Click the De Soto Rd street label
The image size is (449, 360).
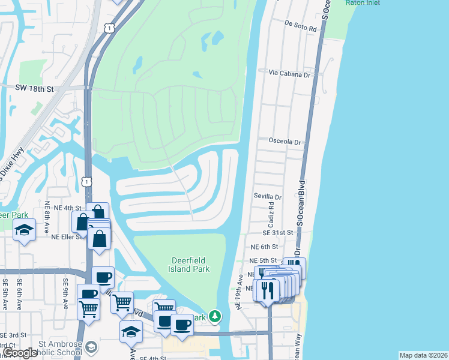(x=300, y=25)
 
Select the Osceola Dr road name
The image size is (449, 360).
(x=285, y=142)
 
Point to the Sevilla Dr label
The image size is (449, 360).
(x=267, y=196)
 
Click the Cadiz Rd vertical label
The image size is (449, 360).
(x=271, y=214)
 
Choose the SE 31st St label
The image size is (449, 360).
(x=277, y=232)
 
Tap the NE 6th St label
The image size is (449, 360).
(x=264, y=247)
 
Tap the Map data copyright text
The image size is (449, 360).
(x=423, y=355)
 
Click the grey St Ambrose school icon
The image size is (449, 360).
(x=91, y=347)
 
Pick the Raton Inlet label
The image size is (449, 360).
(x=363, y=2)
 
